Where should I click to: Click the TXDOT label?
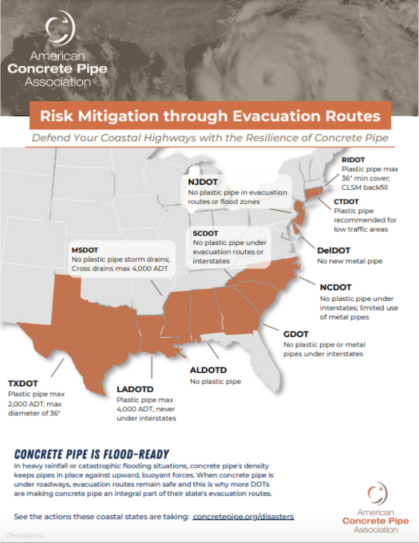tap(23, 383)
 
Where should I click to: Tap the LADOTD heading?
tap(135, 389)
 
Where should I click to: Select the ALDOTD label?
tap(208, 370)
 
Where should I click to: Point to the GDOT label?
tap(296, 334)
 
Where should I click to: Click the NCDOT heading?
tap(336, 287)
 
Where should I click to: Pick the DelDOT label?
tap(334, 250)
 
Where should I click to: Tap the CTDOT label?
tap(347, 202)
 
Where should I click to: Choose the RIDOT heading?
tap(353, 160)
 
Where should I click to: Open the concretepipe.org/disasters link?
tap(243, 516)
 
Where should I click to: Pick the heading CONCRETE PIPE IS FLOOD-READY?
tap(92, 454)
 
